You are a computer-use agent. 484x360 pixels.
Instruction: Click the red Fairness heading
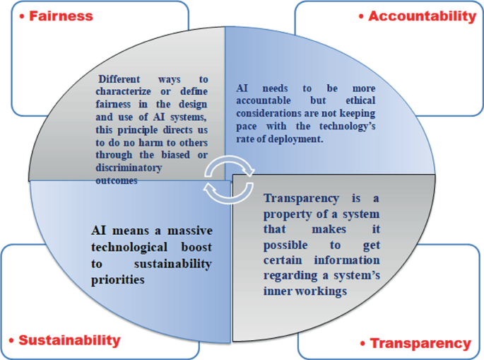[61, 16]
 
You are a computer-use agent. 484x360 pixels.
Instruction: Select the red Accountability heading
[423, 16]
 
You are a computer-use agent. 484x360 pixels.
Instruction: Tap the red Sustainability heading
[69, 340]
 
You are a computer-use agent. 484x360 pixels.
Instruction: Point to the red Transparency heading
[420, 343]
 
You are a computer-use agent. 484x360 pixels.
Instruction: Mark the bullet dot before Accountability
[362, 16]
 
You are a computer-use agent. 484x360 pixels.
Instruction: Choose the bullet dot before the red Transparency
[362, 344]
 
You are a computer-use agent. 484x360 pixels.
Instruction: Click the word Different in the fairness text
[121, 80]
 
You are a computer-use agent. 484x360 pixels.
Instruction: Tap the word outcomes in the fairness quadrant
[116, 180]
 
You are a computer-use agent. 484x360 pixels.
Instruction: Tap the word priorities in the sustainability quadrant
[118, 279]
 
